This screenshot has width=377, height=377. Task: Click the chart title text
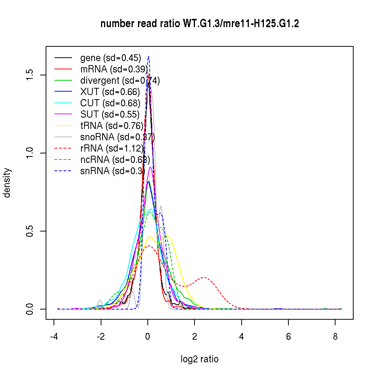[x=199, y=24]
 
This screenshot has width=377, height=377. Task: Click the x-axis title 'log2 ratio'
[x=199, y=359]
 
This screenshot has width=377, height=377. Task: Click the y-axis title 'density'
[x=7, y=183]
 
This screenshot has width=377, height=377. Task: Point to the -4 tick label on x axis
[x=54, y=337]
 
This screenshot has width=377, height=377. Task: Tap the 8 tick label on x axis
[x=335, y=337]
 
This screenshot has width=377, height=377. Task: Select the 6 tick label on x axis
[x=288, y=337]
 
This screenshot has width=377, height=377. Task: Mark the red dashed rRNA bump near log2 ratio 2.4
[x=204, y=277]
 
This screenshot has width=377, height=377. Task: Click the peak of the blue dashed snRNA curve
[x=149, y=56]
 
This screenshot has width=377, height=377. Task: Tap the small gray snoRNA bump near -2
[x=100, y=300]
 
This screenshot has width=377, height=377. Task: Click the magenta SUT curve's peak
[x=150, y=167]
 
